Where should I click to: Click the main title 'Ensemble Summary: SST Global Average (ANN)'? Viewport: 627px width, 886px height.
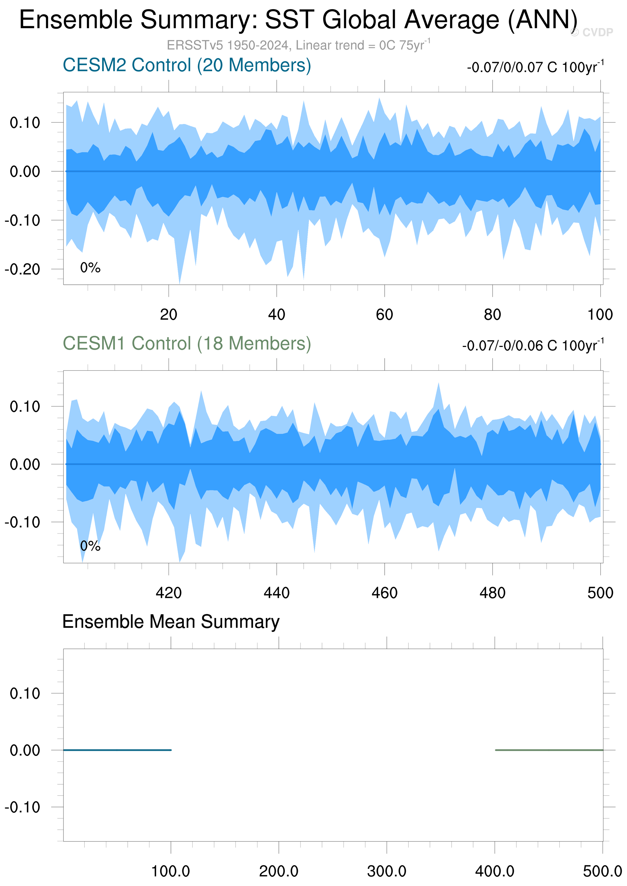(x=298, y=20)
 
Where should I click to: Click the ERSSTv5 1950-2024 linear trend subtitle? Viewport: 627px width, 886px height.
(x=298, y=45)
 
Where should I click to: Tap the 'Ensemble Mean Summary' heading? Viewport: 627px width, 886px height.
(x=171, y=622)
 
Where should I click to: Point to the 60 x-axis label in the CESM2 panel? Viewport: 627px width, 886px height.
(x=384, y=315)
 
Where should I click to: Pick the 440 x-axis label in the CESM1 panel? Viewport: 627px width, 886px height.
(x=277, y=593)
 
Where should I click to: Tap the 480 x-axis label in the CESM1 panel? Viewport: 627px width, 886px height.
(x=493, y=593)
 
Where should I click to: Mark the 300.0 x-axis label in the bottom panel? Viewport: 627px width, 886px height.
(x=387, y=871)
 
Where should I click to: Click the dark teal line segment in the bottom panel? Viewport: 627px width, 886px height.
(x=117, y=750)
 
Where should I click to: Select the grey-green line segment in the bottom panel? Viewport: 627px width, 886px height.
(x=549, y=750)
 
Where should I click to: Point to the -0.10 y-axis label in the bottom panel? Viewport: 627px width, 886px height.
(x=23, y=807)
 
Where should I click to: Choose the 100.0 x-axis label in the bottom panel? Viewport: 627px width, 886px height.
(x=171, y=871)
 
